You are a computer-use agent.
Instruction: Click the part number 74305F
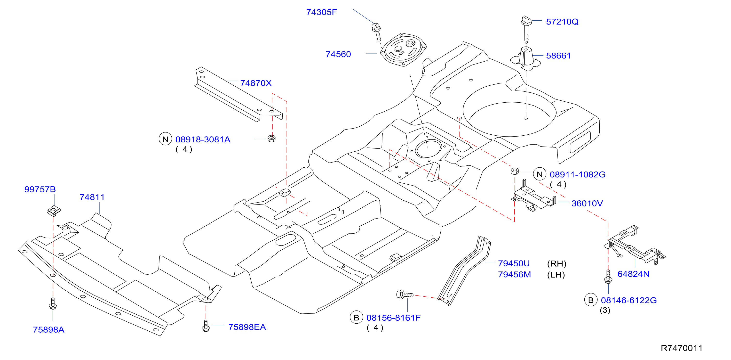322,12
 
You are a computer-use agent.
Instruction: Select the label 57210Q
562,22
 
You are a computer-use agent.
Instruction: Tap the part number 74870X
256,83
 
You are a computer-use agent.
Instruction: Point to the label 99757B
40,189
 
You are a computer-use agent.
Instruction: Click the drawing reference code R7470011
682,348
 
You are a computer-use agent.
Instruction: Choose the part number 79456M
514,275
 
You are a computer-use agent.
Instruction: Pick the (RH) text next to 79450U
556,264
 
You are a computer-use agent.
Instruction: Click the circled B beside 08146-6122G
591,300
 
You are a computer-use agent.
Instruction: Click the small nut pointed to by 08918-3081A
271,139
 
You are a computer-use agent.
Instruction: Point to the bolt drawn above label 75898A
53,303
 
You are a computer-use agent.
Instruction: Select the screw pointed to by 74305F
377,32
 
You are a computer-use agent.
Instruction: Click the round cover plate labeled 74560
403,50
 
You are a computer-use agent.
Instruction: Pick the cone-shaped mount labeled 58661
525,59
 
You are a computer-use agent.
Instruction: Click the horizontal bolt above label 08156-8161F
405,295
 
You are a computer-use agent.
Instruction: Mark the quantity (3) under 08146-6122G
605,310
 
